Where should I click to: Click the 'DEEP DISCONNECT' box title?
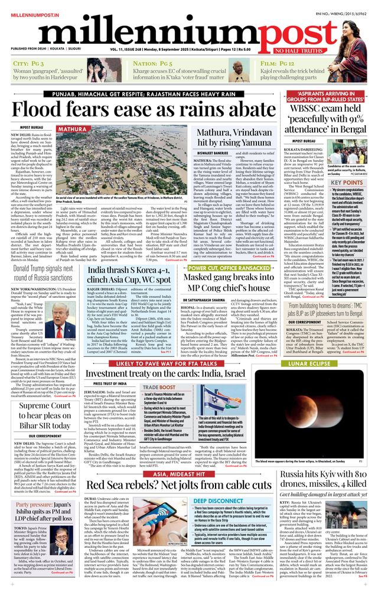point(222,501)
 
